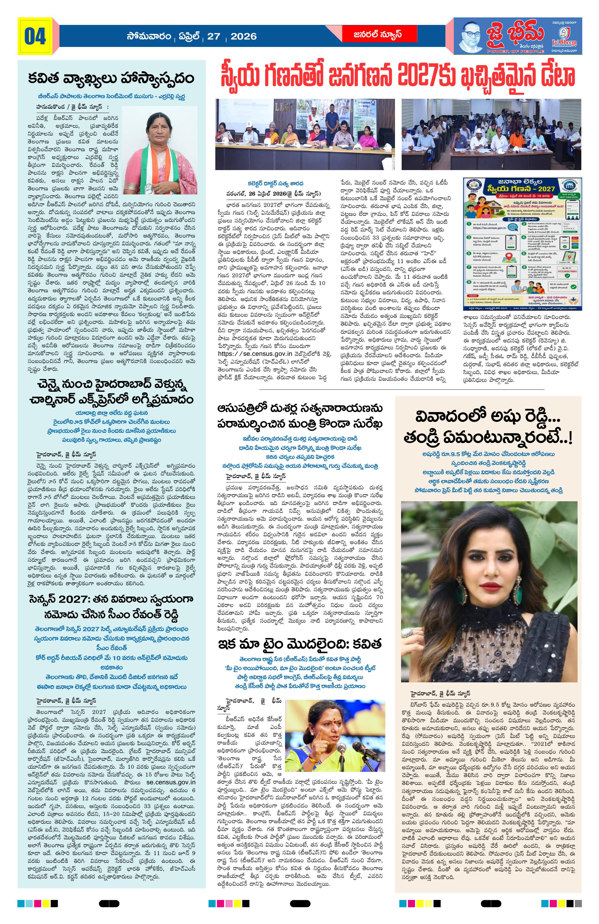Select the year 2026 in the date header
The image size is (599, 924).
tap(243, 37)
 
